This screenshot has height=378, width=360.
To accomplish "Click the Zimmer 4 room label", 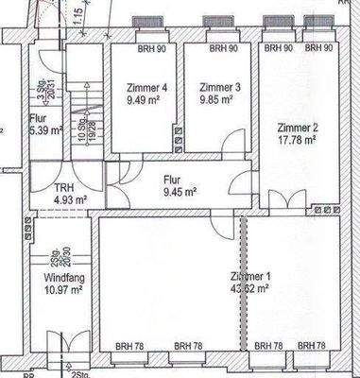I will click(146, 88).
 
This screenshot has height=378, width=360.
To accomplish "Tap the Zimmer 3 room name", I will click(220, 88).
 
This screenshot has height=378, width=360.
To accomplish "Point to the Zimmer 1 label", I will click(251, 276).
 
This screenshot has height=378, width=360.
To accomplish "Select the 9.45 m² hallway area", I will click(177, 192).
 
